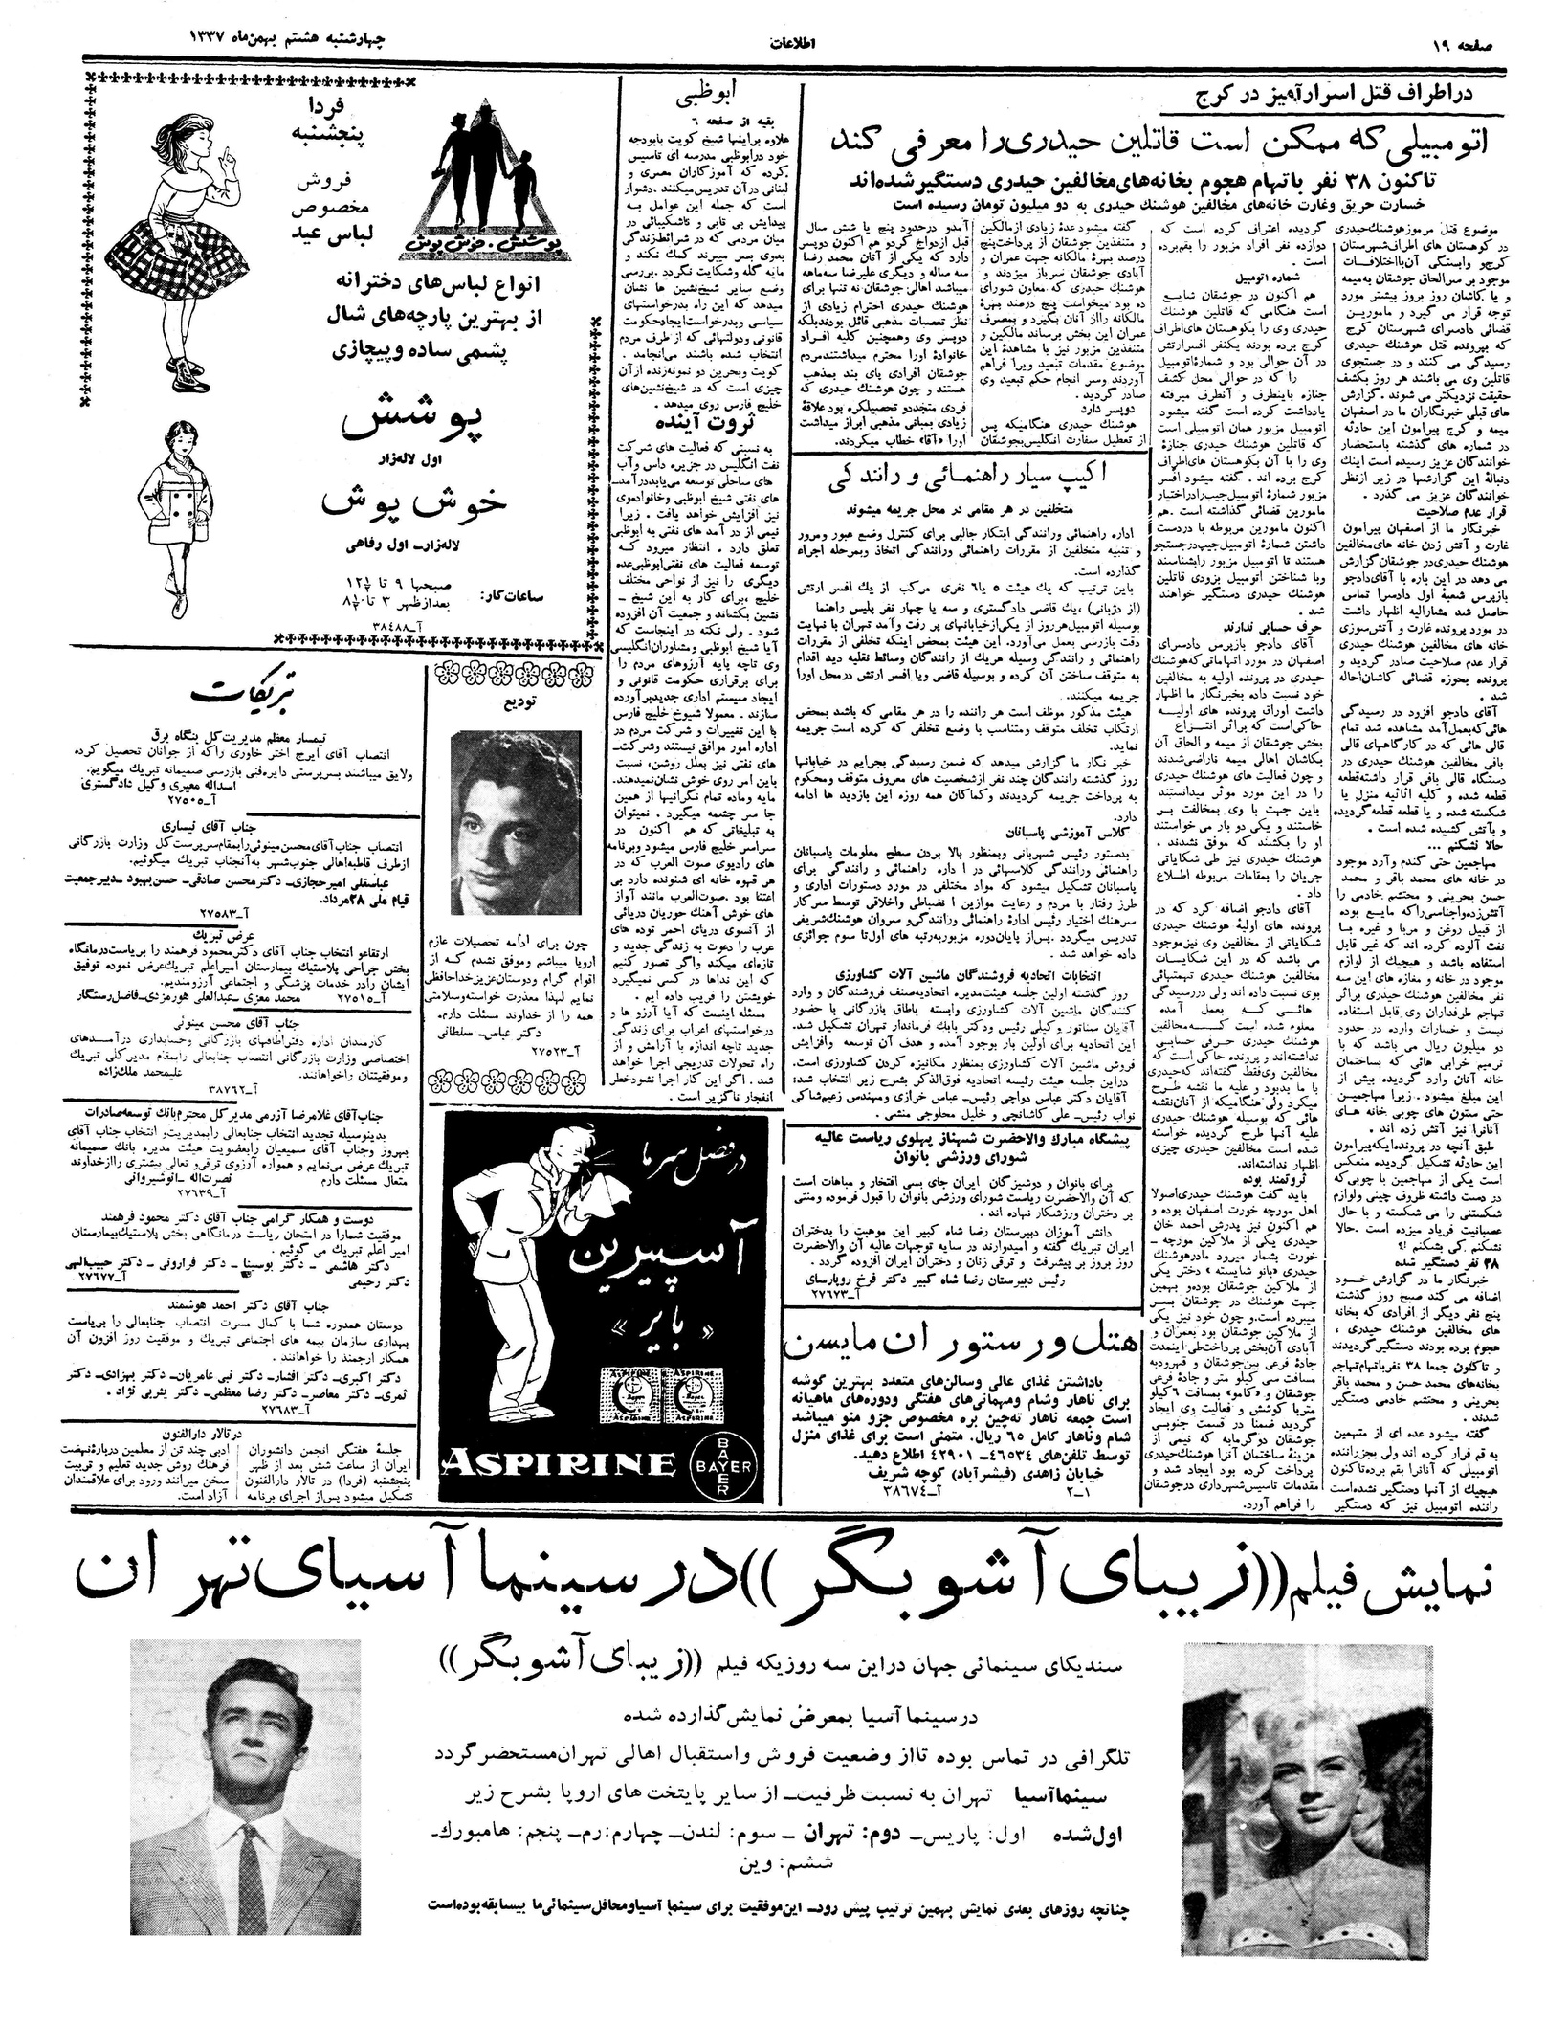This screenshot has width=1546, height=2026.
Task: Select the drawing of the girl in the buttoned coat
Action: (x=171, y=520)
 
